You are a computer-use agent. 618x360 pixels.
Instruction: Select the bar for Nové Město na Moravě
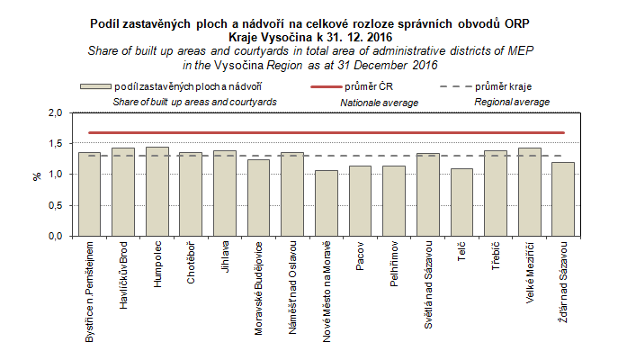click(x=326, y=202)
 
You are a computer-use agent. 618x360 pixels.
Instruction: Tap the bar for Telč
click(x=461, y=202)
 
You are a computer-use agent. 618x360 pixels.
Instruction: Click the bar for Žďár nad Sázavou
click(x=563, y=199)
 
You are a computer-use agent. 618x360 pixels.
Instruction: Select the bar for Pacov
click(x=360, y=201)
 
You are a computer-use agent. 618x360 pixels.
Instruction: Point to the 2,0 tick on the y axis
click(x=57, y=113)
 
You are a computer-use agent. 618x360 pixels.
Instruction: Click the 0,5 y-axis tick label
click(x=57, y=205)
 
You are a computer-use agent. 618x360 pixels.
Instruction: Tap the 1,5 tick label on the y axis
click(x=57, y=144)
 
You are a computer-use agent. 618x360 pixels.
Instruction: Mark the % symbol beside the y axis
click(x=37, y=175)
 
